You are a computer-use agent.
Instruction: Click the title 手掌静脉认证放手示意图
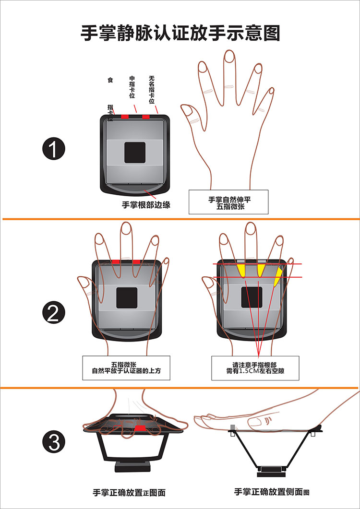[180, 34]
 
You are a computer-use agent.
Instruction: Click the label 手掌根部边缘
[146, 205]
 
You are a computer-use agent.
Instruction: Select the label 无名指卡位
[152, 89]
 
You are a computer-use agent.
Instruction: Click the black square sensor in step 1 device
[135, 153]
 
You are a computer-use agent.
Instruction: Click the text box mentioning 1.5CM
[255, 368]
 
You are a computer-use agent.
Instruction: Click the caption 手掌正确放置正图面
[129, 493]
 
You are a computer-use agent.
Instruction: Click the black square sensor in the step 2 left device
[127, 297]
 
